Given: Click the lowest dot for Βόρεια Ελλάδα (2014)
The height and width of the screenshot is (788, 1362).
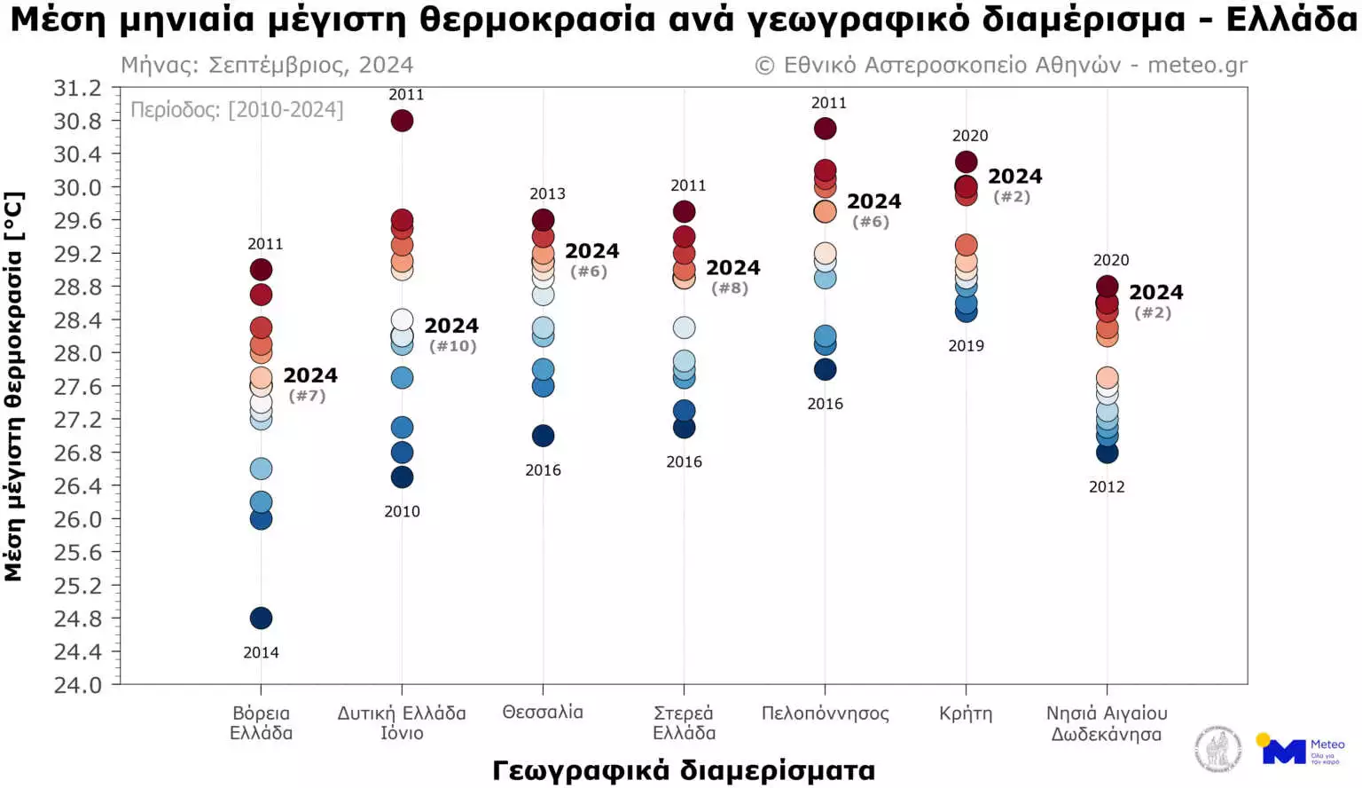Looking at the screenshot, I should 261,618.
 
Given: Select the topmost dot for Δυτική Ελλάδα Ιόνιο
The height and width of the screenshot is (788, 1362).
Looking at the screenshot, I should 402,121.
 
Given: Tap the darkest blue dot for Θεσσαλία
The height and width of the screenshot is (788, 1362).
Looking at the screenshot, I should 543,436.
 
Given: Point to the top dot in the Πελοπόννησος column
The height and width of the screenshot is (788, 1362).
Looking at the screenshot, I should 825,129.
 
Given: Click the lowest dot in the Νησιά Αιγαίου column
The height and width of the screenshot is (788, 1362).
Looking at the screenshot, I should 1107,453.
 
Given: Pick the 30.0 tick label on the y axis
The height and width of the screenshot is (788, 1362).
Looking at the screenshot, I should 77,187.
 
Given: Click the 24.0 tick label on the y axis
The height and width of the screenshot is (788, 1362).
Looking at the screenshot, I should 77,685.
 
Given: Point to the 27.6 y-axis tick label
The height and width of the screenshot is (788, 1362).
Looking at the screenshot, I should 77,387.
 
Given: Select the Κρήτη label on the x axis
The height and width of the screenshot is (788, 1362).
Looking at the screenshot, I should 966,713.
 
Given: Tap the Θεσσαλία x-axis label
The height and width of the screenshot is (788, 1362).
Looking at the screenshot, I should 543,713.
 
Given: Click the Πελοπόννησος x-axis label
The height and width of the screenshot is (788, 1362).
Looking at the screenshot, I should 825,713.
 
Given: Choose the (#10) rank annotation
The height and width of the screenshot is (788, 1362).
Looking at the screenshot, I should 453,346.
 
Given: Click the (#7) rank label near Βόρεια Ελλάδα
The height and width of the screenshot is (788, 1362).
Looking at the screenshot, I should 308,396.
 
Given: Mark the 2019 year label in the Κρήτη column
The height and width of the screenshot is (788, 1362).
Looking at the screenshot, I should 966,346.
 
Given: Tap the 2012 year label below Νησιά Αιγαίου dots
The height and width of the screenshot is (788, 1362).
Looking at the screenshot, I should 1107,487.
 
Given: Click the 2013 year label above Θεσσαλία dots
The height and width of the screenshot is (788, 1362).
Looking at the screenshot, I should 547,194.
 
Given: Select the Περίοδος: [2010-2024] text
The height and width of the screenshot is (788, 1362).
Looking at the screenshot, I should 237,110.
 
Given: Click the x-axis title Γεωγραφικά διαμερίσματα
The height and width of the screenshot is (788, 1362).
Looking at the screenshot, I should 684,770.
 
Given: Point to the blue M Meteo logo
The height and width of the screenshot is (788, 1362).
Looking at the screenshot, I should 1283,751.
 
